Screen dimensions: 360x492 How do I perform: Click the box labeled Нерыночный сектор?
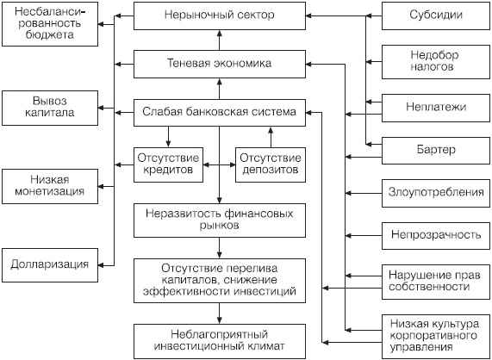220,16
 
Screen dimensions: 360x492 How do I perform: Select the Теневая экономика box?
220,63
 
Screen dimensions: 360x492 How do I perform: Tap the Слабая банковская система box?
220,111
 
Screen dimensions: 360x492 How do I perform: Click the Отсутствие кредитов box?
169,163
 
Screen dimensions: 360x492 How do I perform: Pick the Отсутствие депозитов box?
271,163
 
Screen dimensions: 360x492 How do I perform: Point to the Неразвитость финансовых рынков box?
220,218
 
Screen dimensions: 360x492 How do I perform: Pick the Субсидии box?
435,16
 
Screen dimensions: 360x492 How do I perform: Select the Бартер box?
435,151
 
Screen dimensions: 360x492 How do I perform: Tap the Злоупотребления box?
435,191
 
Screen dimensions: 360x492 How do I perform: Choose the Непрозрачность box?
435,233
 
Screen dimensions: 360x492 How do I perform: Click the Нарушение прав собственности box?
435,281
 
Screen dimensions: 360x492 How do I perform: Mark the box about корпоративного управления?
435,335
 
